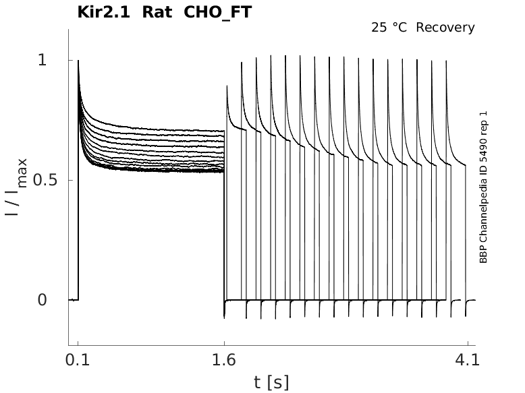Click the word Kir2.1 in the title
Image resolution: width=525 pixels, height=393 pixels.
pos(107,11)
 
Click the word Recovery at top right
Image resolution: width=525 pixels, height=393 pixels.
pos(445,28)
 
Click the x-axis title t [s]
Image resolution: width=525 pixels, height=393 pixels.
pos(271,382)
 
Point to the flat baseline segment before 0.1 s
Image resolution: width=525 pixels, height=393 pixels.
pos(74,299)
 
